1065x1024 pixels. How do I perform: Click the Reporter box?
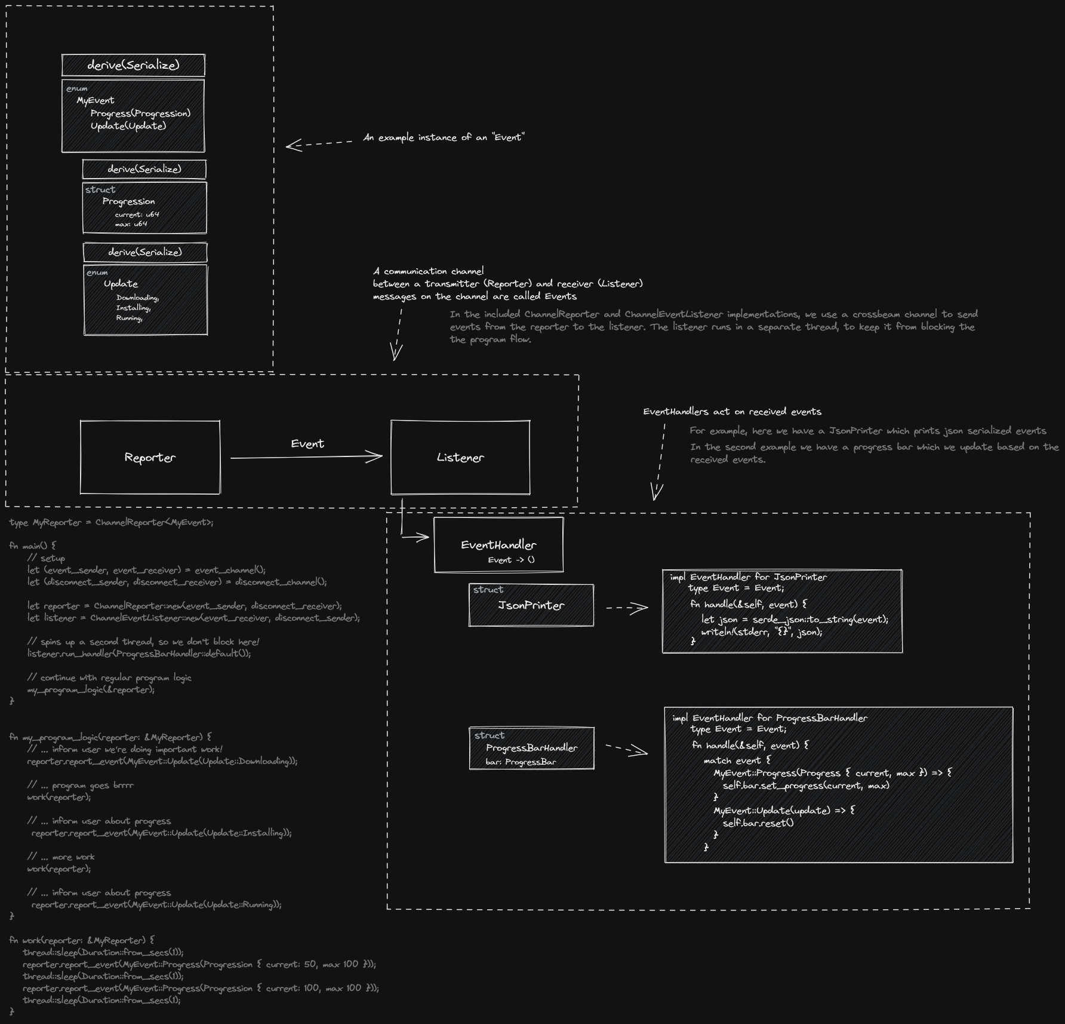coord(150,458)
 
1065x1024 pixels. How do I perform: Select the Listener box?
coord(460,458)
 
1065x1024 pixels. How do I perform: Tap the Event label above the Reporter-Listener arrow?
coord(307,444)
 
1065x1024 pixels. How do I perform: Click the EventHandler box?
coord(498,544)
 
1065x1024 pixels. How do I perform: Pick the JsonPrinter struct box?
coord(531,605)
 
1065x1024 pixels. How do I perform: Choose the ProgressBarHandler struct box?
coord(531,748)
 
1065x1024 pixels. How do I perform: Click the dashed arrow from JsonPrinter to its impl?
coord(627,608)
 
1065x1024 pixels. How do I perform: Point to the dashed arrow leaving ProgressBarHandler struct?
coord(627,749)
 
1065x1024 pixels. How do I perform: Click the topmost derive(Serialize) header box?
coord(133,65)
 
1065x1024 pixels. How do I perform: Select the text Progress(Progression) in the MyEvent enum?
coord(140,114)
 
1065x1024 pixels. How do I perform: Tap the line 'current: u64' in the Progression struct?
coord(137,214)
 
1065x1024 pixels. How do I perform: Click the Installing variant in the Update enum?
coord(133,308)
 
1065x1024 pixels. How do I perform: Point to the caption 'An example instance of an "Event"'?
coord(444,137)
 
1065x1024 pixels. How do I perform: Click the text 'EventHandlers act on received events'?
coord(732,412)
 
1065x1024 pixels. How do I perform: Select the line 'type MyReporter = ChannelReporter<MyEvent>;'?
coord(111,523)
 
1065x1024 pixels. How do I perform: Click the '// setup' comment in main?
coord(47,558)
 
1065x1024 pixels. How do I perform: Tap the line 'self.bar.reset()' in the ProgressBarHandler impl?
coord(758,823)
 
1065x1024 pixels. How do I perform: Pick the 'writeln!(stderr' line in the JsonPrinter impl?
coord(762,631)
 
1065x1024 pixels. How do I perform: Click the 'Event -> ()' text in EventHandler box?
coord(511,560)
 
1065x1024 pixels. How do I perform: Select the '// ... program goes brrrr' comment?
coord(81,785)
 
